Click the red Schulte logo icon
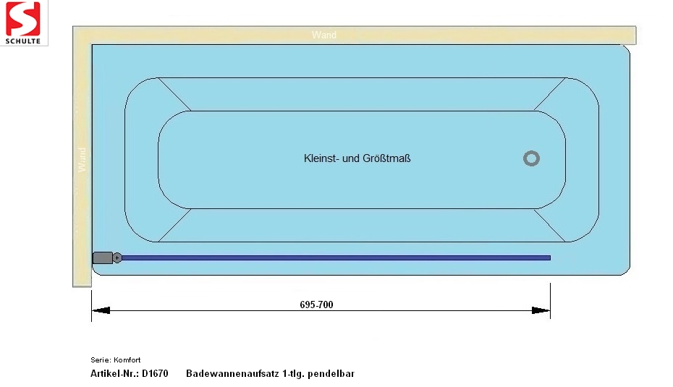pos(22,19)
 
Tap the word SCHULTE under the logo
pos(22,41)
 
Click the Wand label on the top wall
pos(324,35)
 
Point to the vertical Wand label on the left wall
pos(82,160)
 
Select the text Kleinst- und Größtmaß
pos(357,158)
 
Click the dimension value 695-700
pos(316,305)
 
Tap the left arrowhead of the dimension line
pos(101,310)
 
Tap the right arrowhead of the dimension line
pos(541,310)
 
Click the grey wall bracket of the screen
pos(103,258)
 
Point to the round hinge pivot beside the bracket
pos(117,258)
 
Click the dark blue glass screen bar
pos(336,258)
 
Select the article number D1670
pos(155,373)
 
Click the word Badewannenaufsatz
pos(232,373)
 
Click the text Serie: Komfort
pos(116,360)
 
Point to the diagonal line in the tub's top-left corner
pos(174,94)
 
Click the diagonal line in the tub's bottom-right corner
pos(550,225)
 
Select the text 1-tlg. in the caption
pos(293,374)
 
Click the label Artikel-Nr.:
pos(114,373)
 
